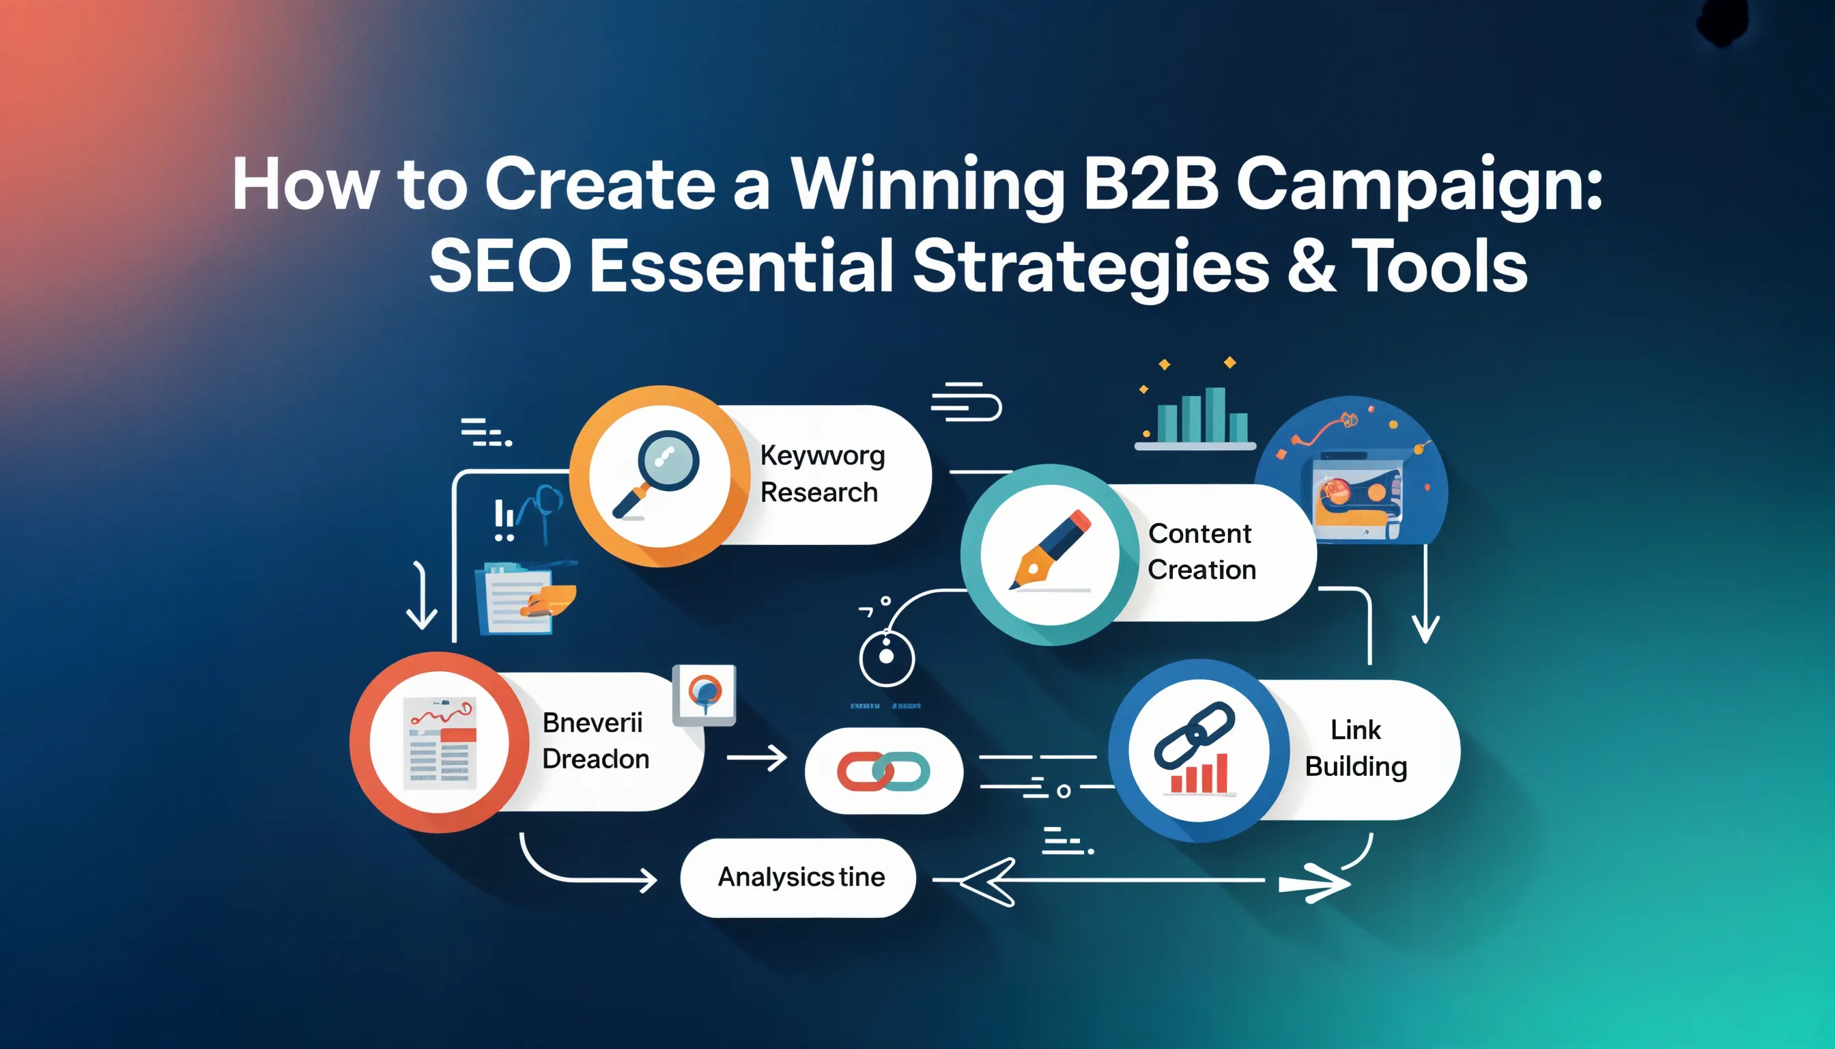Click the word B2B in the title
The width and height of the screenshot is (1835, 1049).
[x=1150, y=185]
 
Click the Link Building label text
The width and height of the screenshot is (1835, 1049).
[x=1355, y=748]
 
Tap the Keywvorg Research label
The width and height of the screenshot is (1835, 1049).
[x=821, y=474]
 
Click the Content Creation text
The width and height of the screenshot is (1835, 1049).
[x=1201, y=551]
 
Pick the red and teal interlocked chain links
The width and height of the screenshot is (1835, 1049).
[x=883, y=771]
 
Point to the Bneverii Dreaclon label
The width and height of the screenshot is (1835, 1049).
[x=595, y=740]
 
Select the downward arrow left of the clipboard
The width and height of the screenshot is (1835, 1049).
[x=421, y=596]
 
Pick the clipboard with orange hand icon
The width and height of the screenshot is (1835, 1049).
[x=524, y=598]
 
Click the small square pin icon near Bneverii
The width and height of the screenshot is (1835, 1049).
[x=704, y=695]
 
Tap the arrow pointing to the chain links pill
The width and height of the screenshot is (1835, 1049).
[x=756, y=758]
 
